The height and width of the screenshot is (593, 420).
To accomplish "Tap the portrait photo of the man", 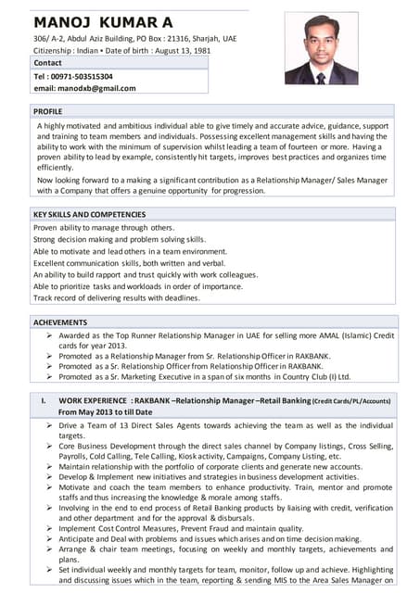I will pyautogui.click(x=321, y=48).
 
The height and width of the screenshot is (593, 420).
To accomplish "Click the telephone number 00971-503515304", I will pyautogui.click(x=83, y=76).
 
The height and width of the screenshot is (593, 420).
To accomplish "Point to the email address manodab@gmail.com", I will pyautogui.click(x=84, y=88).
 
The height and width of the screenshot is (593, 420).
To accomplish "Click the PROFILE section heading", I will pyautogui.click(x=48, y=110).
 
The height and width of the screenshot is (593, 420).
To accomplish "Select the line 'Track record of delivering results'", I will pyautogui.click(x=116, y=298).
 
